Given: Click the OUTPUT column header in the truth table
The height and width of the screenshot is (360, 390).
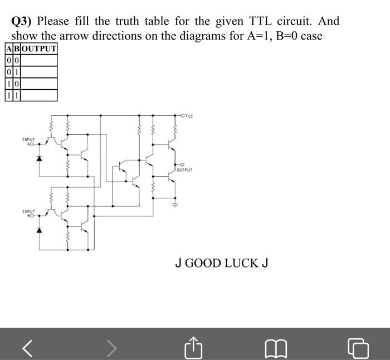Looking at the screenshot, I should point(39,48).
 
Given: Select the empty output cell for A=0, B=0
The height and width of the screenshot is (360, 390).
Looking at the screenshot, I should point(39,60).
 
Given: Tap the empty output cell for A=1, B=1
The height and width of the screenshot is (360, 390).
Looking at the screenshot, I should point(39,95).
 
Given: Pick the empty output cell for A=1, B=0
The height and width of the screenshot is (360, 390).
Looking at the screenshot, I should point(39,84).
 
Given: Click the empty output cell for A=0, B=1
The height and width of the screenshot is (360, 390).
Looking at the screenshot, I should point(39,72).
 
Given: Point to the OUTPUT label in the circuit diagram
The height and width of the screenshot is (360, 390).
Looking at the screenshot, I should point(184,169).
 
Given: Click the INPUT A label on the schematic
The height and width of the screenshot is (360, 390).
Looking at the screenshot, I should point(28,142).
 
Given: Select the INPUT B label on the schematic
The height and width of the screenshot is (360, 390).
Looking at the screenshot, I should point(28,213).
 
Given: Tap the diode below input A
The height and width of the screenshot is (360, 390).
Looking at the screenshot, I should point(39,158).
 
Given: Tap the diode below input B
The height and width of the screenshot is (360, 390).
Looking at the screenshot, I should point(39,230).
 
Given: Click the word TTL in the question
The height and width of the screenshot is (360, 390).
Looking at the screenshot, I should point(260,22).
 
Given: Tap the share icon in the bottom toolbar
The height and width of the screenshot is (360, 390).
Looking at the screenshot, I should point(192,348).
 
